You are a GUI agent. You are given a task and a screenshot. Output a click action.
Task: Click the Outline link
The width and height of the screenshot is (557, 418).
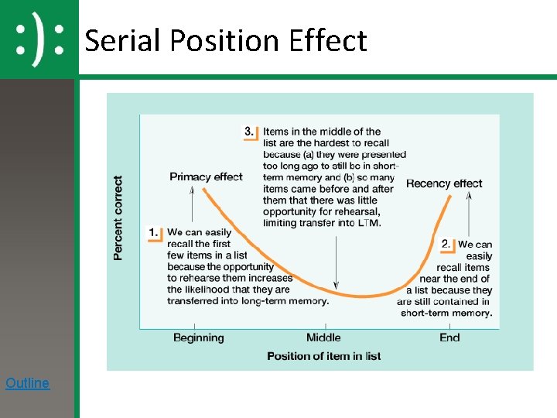pos(27,383)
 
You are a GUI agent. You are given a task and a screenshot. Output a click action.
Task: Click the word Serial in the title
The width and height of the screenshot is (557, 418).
pos(123,40)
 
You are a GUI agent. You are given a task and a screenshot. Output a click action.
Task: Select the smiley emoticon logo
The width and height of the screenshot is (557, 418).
pos(39,39)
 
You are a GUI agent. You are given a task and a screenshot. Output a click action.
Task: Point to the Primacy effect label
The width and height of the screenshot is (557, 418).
pos(206,176)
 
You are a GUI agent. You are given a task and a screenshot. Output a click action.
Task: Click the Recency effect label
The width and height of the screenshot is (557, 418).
pos(443,183)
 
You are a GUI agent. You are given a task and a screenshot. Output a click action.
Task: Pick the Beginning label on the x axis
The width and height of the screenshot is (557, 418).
pos(198,337)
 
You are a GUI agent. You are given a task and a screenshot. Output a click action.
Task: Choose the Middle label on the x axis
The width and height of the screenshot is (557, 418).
pos(323,337)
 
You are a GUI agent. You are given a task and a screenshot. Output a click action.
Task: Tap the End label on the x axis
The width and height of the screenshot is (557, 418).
pos(449,337)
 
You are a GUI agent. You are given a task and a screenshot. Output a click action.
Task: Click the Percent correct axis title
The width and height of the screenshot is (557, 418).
pos(118,218)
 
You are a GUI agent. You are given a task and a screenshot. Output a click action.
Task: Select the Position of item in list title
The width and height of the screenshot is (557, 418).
pos(323,356)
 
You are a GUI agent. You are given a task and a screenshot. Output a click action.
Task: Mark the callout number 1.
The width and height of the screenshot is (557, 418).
pos(153,231)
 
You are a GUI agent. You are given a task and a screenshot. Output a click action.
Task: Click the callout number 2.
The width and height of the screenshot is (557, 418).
pos(446,244)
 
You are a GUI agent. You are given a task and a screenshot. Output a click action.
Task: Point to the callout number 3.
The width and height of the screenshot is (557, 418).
pos(249,132)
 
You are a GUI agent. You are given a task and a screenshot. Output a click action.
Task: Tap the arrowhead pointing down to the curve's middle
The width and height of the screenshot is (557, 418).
pos(335,286)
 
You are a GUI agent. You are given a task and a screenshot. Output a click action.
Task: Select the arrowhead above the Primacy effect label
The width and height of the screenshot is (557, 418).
pos(191,192)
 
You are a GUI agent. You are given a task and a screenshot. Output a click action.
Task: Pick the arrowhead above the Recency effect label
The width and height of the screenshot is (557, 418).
pos(469,195)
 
